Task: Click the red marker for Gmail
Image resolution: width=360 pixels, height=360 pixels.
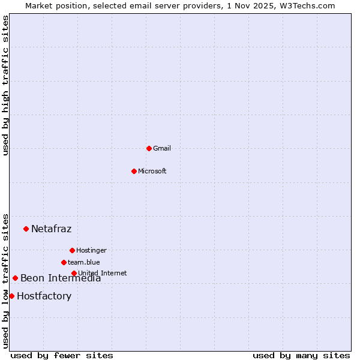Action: click(149, 148)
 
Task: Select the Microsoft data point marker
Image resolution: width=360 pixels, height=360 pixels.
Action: click(134, 171)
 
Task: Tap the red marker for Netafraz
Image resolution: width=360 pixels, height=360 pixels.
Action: click(26, 229)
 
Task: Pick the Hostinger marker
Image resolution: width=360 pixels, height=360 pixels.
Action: click(72, 250)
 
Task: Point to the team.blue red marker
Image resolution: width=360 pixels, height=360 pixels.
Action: click(64, 262)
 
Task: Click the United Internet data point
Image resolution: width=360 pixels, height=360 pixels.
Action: click(74, 273)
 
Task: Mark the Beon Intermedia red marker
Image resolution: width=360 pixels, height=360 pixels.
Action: click(15, 278)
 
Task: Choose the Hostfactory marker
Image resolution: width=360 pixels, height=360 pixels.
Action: click(11, 296)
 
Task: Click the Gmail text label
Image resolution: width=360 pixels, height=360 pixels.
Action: click(162, 148)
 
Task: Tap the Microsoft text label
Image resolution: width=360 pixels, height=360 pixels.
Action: click(152, 171)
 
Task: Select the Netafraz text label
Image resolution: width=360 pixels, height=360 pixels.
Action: click(51, 229)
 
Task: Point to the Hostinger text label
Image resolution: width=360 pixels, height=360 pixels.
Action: click(91, 250)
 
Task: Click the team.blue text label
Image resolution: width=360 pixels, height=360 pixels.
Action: click(84, 262)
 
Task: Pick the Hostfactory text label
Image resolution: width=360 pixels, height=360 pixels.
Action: click(44, 296)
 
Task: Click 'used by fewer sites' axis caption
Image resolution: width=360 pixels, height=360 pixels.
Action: click(62, 355)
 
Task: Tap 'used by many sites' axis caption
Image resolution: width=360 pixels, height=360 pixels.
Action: click(301, 355)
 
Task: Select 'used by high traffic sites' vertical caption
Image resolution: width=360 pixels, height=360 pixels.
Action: click(5, 85)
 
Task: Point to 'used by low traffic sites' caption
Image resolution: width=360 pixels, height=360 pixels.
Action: click(5, 280)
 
